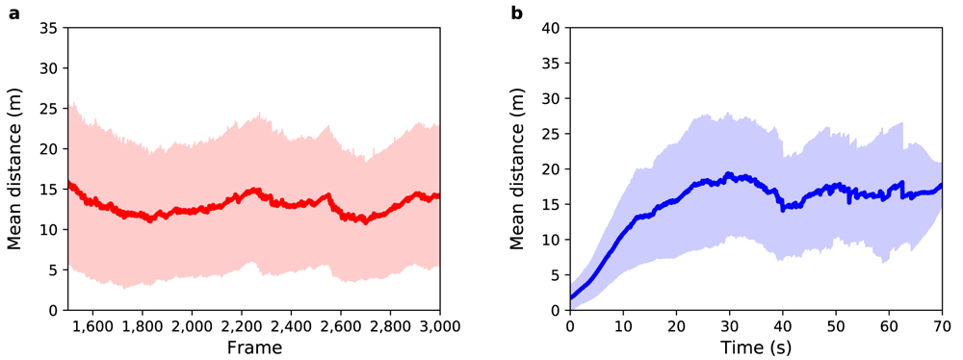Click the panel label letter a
pos(13,12)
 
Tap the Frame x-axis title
pos(254,348)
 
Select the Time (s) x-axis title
pos(755,348)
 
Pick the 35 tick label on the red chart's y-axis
pos(52,28)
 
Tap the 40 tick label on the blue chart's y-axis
pos(555,28)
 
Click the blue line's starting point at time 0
pos(570,298)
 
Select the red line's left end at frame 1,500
pos(68,183)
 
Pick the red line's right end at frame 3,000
pos(438,196)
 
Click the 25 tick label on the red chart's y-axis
pos(52,110)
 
